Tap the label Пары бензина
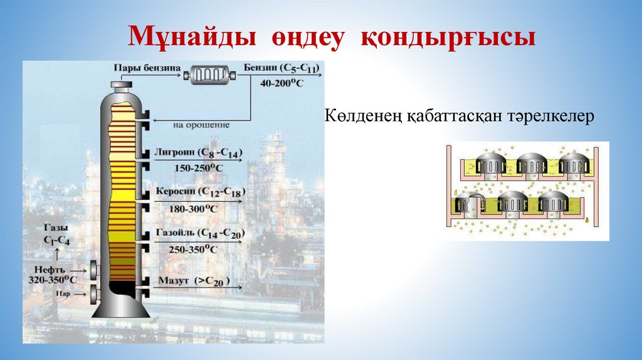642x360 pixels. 147,68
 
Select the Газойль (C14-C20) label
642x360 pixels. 201,233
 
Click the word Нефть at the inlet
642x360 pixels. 48,268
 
